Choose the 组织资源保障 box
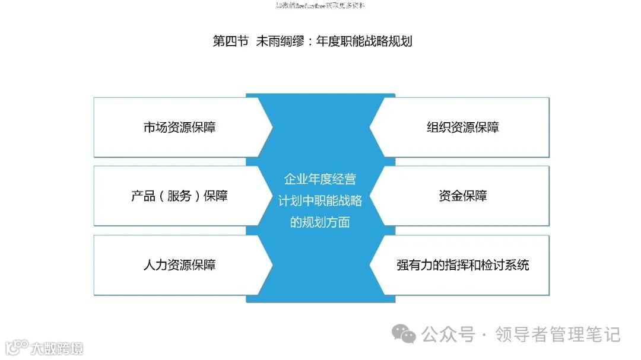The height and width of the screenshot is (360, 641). coord(463,128)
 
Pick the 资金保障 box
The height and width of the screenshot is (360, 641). coord(463,196)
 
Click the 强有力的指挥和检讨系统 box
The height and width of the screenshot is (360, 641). coord(463,265)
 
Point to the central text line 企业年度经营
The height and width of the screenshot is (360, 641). coord(320,179)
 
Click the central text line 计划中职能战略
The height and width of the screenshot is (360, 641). coord(320,200)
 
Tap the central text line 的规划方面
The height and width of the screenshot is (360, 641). coord(320,222)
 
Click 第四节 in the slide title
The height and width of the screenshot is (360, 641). coord(230,41)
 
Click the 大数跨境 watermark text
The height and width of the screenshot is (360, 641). coord(58,348)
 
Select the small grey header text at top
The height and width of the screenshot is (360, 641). coord(320,6)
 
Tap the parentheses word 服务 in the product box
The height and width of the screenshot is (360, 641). coord(179,196)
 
